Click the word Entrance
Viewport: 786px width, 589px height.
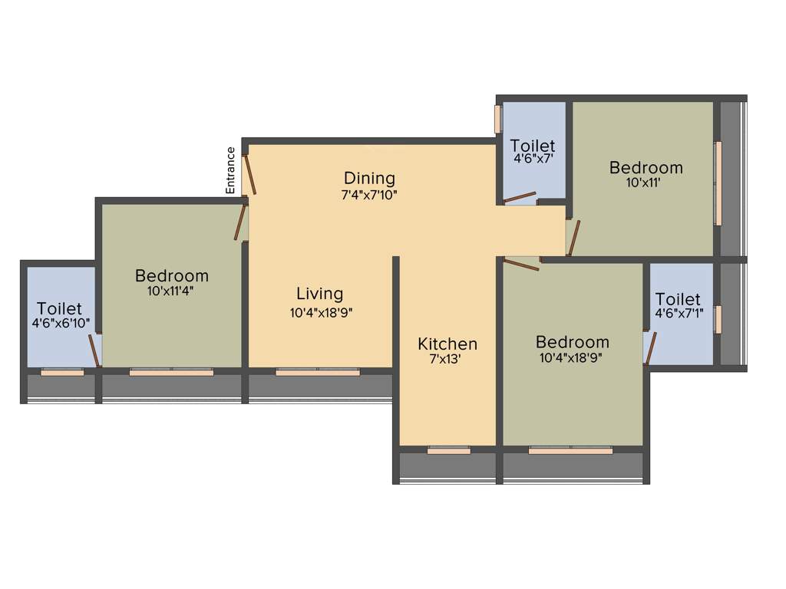point(230,169)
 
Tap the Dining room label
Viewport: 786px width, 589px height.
point(369,179)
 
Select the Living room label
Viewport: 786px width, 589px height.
point(320,294)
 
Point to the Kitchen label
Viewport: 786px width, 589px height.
point(447,344)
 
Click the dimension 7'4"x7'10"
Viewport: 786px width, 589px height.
point(369,195)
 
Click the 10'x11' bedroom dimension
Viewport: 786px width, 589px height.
point(645,183)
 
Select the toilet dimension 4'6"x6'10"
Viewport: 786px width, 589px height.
point(61,324)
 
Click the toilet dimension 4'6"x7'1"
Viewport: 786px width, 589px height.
point(679,314)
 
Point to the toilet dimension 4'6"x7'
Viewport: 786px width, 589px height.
point(533,160)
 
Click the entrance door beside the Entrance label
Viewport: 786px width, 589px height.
point(249,176)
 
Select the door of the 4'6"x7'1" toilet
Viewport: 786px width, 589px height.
point(650,348)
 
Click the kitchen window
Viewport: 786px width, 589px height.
point(448,450)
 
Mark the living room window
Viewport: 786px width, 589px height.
point(317,372)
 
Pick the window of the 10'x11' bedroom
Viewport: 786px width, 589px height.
point(718,183)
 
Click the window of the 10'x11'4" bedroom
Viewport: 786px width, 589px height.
point(171,372)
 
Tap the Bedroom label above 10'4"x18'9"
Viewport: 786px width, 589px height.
point(573,342)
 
